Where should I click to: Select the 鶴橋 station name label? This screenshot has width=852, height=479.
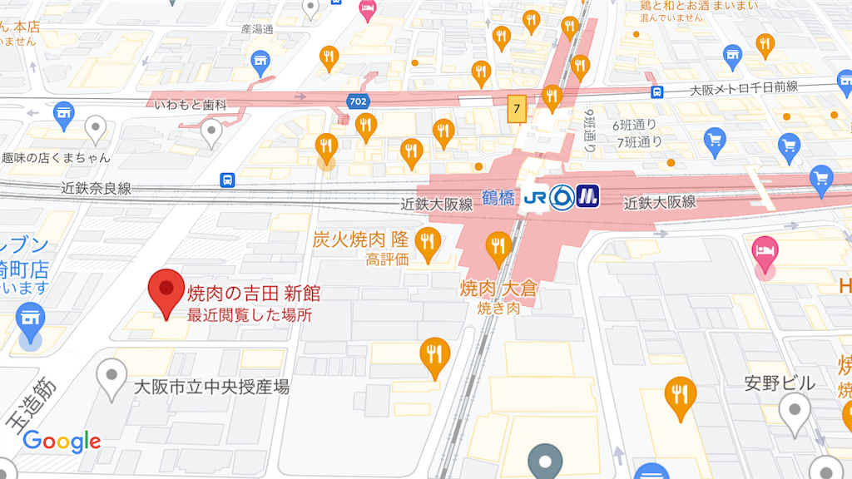(x=499, y=198)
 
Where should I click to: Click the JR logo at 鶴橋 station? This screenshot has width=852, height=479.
(x=534, y=198)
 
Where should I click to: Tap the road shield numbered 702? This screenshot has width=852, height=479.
(x=359, y=101)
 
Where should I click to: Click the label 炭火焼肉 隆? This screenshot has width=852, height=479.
(x=360, y=239)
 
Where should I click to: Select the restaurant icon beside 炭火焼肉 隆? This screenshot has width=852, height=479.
(x=428, y=242)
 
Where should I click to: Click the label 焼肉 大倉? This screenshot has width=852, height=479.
(x=499, y=289)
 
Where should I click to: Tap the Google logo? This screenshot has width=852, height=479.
(x=62, y=441)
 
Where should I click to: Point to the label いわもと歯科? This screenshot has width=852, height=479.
(x=191, y=105)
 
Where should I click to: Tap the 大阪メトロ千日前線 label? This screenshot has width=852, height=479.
(x=745, y=88)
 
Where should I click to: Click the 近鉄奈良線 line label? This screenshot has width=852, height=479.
(x=97, y=188)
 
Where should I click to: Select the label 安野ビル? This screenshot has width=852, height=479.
(x=780, y=383)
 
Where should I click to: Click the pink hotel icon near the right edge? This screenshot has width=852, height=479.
(x=764, y=249)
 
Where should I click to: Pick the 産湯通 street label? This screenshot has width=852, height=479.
(x=257, y=29)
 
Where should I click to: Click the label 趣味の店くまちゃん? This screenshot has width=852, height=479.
(x=56, y=157)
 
